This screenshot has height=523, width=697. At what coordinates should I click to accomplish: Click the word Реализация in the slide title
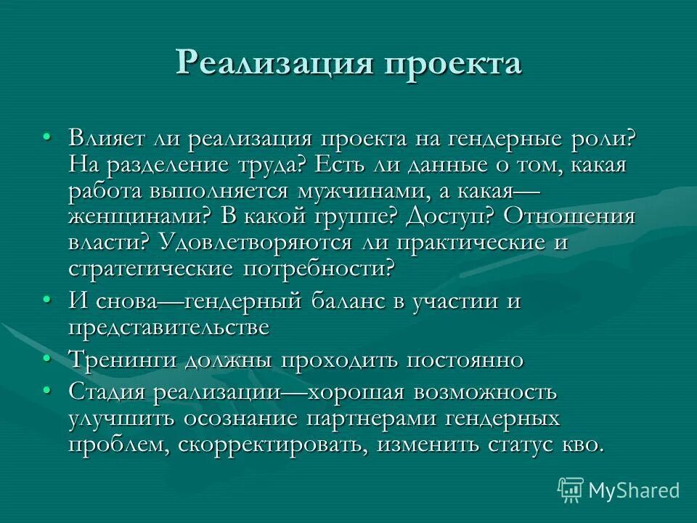tap(274, 64)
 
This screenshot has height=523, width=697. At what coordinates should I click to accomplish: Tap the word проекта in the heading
tap(452, 64)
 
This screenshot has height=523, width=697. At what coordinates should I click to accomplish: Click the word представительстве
tap(168, 327)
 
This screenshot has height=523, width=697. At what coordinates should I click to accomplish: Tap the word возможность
tap(485, 392)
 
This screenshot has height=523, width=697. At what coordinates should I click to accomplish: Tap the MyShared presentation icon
tap(571, 490)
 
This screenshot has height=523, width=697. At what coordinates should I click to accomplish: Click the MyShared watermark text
tap(634, 490)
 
